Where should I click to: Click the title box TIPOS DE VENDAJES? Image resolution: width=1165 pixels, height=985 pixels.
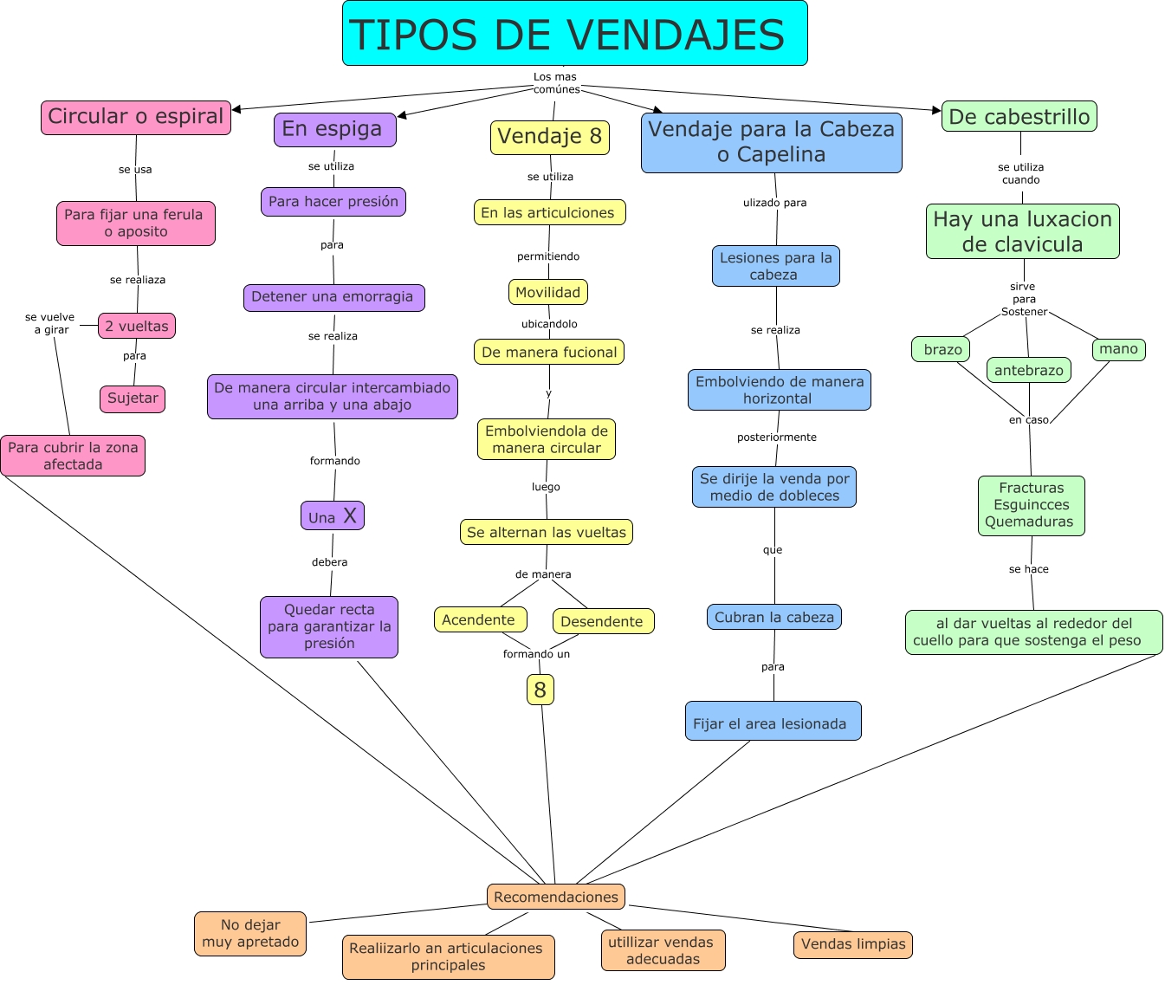[x=574, y=34]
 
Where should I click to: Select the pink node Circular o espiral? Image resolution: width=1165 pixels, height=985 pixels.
[x=136, y=117]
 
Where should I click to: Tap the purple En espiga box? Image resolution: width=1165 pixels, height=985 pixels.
[x=334, y=129]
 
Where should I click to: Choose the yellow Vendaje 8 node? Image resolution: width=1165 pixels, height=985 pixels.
[x=550, y=137]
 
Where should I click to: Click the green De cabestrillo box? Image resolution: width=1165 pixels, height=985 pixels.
[x=1019, y=116]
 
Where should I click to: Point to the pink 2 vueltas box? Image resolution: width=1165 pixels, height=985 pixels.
[x=137, y=326]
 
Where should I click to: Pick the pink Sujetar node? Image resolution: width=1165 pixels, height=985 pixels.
[x=133, y=399]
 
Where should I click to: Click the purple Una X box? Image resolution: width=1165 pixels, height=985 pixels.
[x=333, y=516]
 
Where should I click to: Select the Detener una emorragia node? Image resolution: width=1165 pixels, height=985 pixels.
[x=333, y=297]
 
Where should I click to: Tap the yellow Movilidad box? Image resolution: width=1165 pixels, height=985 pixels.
[x=548, y=292]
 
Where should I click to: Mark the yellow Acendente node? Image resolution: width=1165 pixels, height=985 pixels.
[x=479, y=619]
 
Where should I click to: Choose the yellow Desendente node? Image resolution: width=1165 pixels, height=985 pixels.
[x=602, y=621]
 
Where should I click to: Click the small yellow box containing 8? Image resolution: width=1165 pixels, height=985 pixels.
[x=540, y=690]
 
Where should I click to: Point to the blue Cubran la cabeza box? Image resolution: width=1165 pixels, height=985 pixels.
[x=774, y=617]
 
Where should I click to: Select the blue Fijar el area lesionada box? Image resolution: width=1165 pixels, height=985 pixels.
[x=773, y=722]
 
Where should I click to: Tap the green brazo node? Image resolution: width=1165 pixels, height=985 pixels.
[x=942, y=349]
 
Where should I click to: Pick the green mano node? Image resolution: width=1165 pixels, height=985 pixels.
[x=1118, y=349]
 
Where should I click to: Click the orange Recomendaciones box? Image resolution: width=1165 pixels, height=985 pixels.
[x=556, y=897]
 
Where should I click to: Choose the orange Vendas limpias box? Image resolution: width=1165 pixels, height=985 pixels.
[x=853, y=944]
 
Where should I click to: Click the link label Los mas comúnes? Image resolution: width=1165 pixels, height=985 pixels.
[x=556, y=83]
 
